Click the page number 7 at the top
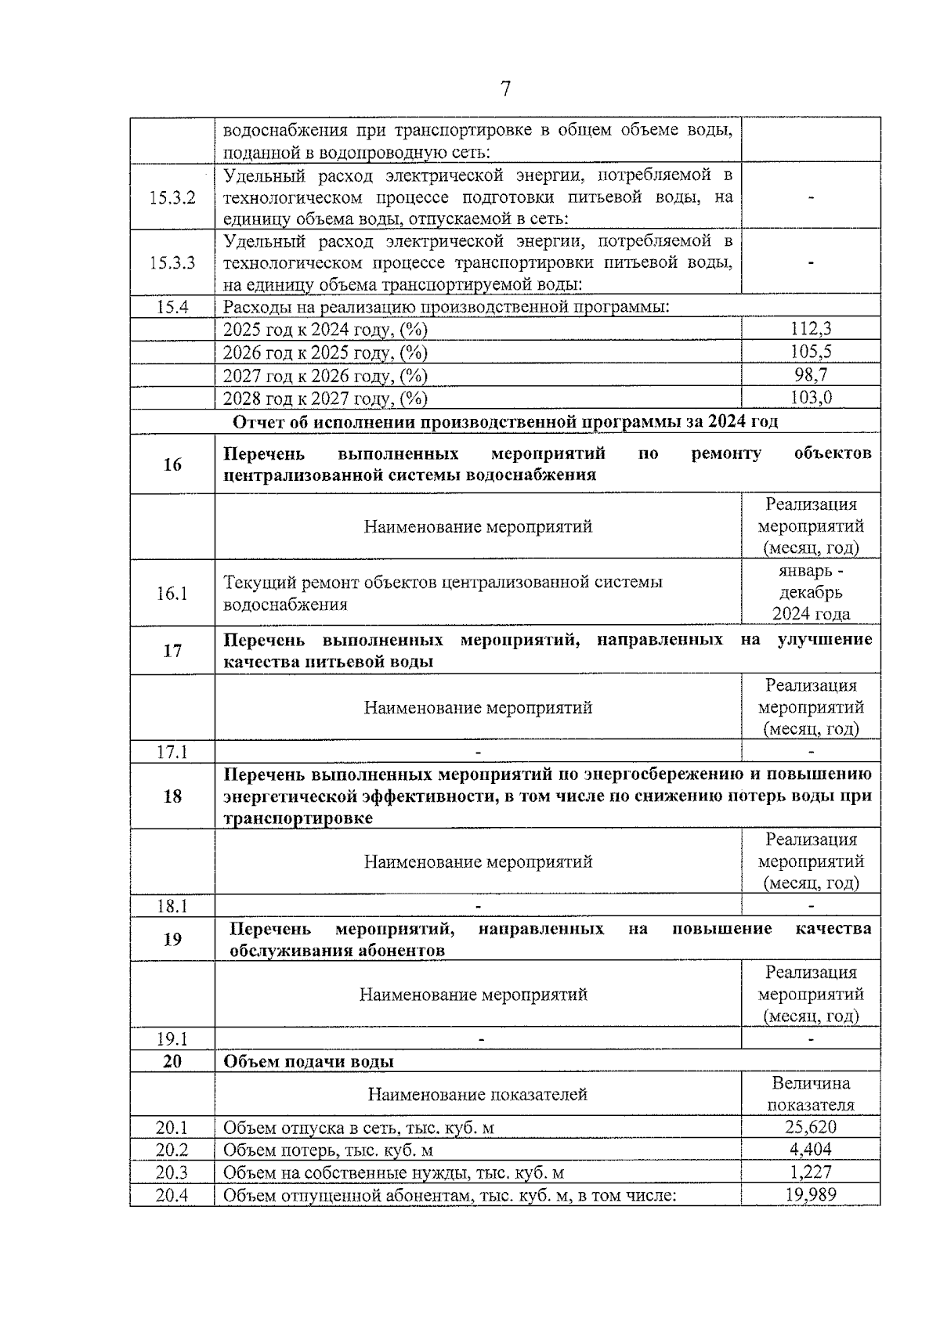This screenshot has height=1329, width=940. pyautogui.click(x=505, y=89)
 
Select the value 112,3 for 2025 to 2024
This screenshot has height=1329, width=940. pyautogui.click(x=811, y=330)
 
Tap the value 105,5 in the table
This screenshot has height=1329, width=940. pyautogui.click(x=811, y=352)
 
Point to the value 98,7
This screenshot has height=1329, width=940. pyautogui.click(x=811, y=375)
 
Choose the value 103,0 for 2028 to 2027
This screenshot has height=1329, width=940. pyautogui.click(x=811, y=398)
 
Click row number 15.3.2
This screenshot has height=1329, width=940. pyautogui.click(x=172, y=197)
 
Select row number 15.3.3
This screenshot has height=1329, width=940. pyautogui.click(x=172, y=262)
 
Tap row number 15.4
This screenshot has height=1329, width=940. pyautogui.click(x=172, y=307)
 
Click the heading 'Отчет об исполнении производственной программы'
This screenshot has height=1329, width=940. pyautogui.click(x=505, y=422)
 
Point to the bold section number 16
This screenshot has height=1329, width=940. pyautogui.click(x=172, y=464)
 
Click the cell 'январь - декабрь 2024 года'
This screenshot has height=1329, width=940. pyautogui.click(x=811, y=593)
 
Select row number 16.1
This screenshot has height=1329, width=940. pyautogui.click(x=172, y=593)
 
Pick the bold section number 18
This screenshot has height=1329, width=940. pyautogui.click(x=172, y=796)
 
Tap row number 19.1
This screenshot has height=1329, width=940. pyautogui.click(x=172, y=1039)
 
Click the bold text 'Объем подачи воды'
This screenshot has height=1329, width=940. pyautogui.click(x=309, y=1062)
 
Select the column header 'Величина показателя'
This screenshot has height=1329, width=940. pyautogui.click(x=811, y=1094)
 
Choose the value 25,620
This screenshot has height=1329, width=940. pyautogui.click(x=811, y=1128)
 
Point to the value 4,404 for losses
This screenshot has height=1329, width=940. pyautogui.click(x=811, y=1150)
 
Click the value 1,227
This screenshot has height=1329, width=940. pyautogui.click(x=811, y=1172)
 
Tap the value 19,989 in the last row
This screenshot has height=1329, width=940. pyautogui.click(x=811, y=1195)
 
